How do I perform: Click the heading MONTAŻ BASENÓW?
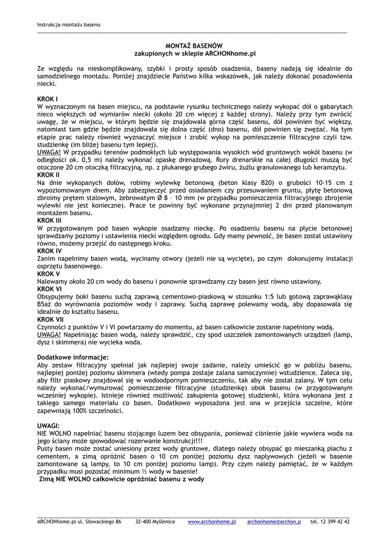(x=194, y=46)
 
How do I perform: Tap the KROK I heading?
(x=47, y=99)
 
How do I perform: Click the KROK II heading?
(x=48, y=175)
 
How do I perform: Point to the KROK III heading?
(x=50, y=220)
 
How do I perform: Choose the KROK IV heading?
(x=50, y=251)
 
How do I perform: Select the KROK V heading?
(x=48, y=274)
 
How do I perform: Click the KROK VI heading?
(x=50, y=289)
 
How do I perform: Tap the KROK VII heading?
(x=51, y=319)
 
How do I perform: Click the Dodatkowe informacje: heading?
(x=73, y=357)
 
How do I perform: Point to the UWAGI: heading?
(x=48, y=425)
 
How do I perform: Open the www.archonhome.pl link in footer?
(x=212, y=522)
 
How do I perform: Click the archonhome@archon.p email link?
(x=274, y=522)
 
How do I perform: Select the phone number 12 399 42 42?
(x=334, y=522)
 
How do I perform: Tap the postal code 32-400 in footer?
(x=143, y=522)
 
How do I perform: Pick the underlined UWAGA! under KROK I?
(x=48, y=153)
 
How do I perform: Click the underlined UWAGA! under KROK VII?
(x=48, y=334)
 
